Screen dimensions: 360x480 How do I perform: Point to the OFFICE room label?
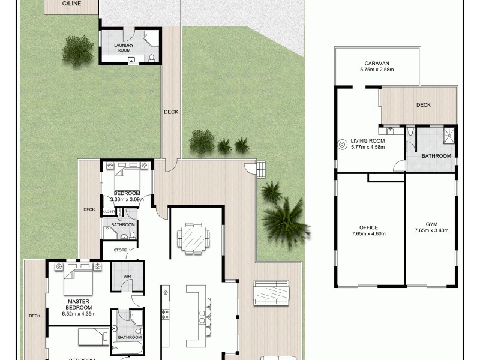click(368, 227)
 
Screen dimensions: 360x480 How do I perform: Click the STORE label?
click(120, 250)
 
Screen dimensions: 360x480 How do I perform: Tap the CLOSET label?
click(109, 212)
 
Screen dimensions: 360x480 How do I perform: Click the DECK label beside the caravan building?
click(424, 105)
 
